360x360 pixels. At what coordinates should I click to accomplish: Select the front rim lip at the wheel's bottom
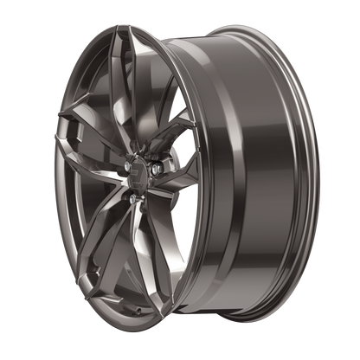[x=130, y=333]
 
